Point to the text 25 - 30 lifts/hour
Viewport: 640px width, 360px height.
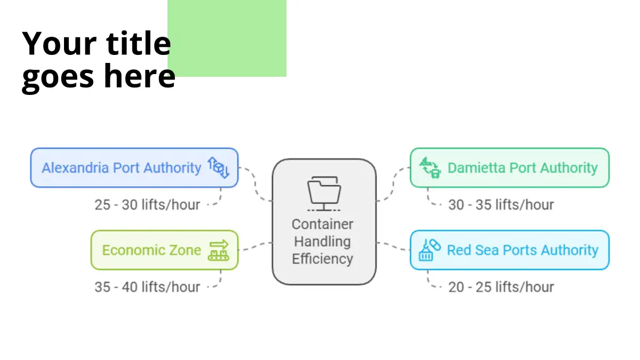pyautogui.click(x=147, y=204)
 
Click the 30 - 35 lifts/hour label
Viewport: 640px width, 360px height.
pyautogui.click(x=501, y=205)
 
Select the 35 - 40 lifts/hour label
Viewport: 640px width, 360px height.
pyautogui.click(x=147, y=287)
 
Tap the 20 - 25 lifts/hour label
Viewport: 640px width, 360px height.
pyautogui.click(x=501, y=287)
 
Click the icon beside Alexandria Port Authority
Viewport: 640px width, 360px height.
pyautogui.click(x=218, y=167)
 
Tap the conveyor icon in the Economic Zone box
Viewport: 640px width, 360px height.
pyautogui.click(x=218, y=250)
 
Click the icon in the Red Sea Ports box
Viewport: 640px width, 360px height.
pyautogui.click(x=430, y=250)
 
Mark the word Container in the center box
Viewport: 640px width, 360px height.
pyautogui.click(x=323, y=224)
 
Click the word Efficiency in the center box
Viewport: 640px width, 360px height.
pyautogui.click(x=323, y=259)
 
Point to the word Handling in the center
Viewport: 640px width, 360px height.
pyautogui.click(x=323, y=242)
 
